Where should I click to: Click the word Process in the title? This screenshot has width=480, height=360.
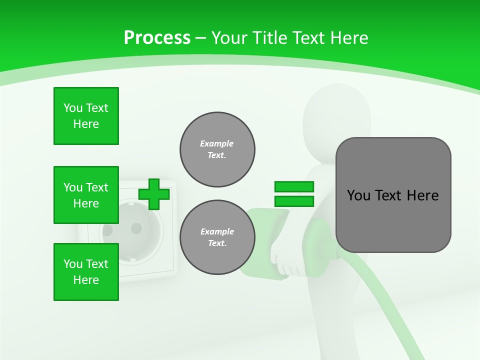click(157, 38)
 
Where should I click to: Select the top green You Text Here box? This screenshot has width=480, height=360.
click(86, 116)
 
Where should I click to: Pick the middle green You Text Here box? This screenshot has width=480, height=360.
click(86, 195)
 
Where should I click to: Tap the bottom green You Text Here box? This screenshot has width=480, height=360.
click(86, 272)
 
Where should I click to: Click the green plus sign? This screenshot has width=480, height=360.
click(153, 194)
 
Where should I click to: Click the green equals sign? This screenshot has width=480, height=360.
click(294, 194)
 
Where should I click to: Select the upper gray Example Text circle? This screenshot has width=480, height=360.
click(217, 149)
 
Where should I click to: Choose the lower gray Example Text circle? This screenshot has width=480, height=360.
click(217, 237)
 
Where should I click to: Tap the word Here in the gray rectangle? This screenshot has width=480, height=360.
click(422, 195)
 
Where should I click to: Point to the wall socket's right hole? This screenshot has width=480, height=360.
click(136, 228)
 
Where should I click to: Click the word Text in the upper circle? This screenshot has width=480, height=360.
click(216, 155)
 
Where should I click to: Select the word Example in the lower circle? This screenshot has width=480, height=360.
click(217, 231)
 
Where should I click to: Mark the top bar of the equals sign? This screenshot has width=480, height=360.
click(294, 187)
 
